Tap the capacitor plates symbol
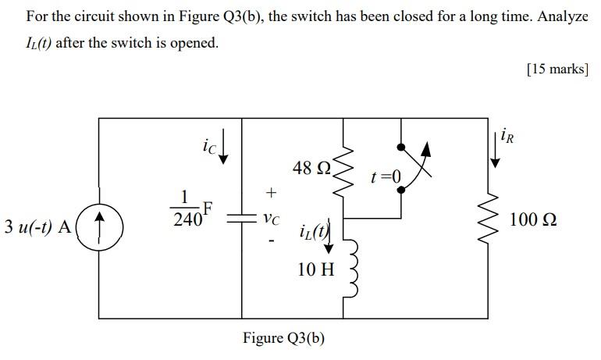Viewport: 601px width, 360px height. (241, 220)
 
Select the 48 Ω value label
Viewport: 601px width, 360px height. (311, 168)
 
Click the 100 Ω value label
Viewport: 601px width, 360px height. (533, 220)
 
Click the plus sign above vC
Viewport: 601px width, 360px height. (271, 191)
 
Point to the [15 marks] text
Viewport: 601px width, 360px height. (557, 70)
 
